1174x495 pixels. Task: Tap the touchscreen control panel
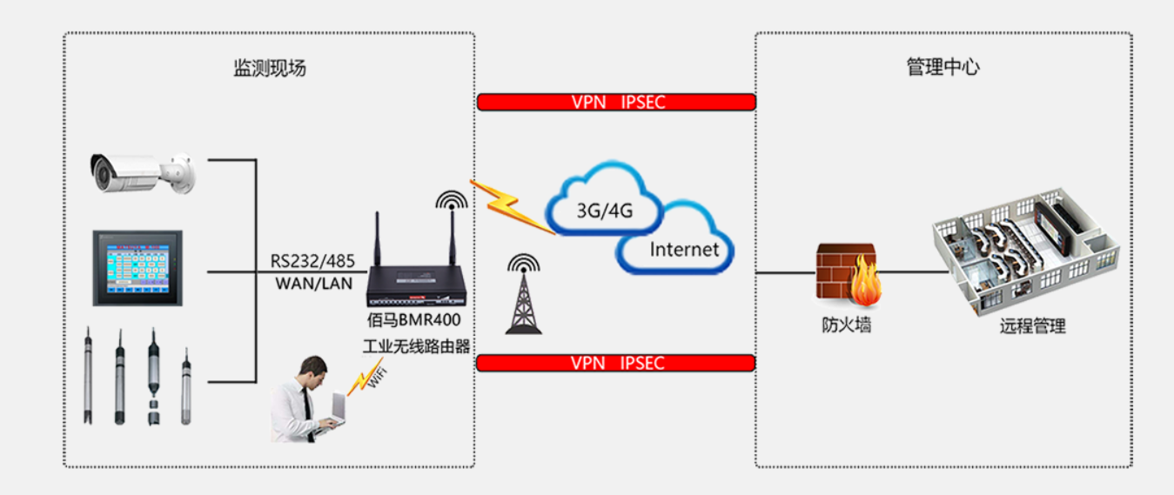pos(138,267)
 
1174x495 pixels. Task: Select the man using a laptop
pos(304,400)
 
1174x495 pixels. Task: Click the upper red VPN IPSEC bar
pos(616,102)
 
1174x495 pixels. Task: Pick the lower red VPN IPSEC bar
pos(615,363)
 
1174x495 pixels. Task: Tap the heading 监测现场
pos(270,69)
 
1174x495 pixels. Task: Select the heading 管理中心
pos(943,68)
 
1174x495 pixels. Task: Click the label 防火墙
pos(847,326)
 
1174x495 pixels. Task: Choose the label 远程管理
pos(1033,326)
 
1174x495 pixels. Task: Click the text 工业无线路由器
pos(417,345)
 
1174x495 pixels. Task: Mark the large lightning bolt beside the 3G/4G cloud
pos(512,206)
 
